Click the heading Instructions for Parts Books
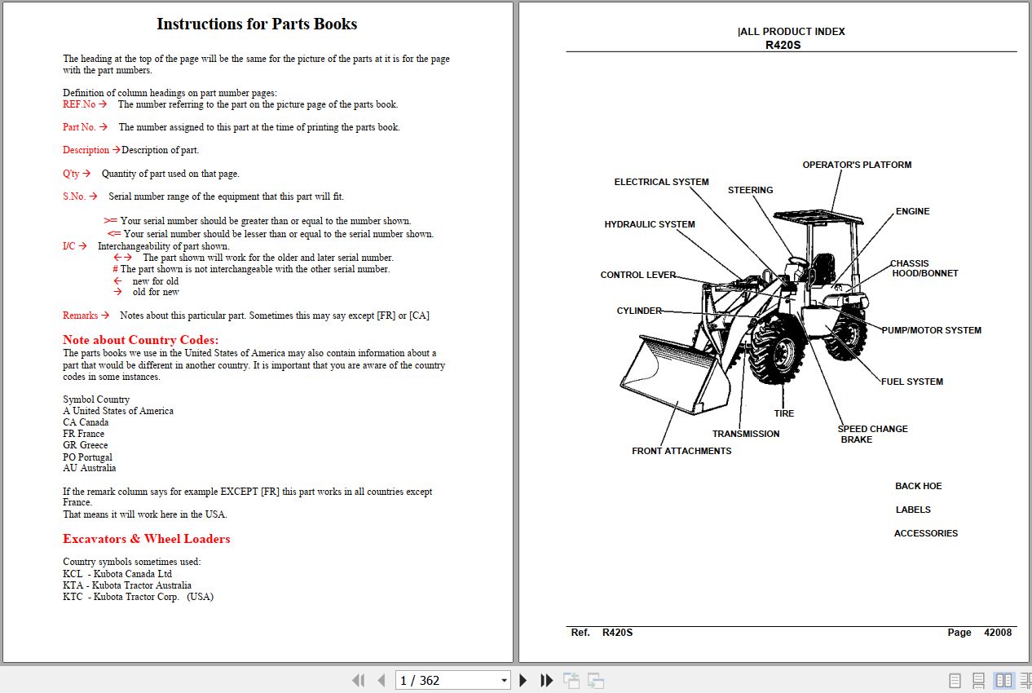(x=257, y=24)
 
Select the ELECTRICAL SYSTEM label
(x=661, y=182)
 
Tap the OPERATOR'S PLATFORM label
(x=857, y=165)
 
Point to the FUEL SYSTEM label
(x=911, y=382)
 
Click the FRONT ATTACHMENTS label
(x=681, y=451)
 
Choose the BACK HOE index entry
(x=918, y=486)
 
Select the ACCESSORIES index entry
(x=925, y=533)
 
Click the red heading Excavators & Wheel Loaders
(x=147, y=539)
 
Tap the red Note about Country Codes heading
(x=141, y=340)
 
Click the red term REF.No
(x=79, y=104)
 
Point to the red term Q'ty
(x=72, y=174)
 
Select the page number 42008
(x=998, y=633)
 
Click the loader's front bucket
(x=673, y=375)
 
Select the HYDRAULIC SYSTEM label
(x=650, y=224)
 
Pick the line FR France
(x=84, y=434)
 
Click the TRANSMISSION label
(x=746, y=434)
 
